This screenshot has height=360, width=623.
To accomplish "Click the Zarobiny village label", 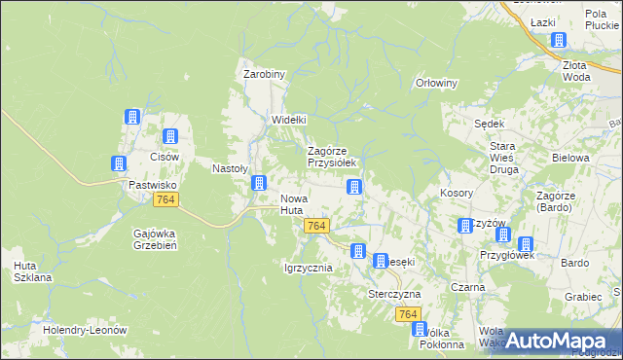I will coord(263,74).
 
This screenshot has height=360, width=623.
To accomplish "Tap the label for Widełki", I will coord(288,120).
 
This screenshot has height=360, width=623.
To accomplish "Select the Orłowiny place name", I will coord(436,83).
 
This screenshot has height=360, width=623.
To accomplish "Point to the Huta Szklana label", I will coord(32,271).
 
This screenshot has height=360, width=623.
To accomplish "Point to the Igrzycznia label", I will coord(308,268).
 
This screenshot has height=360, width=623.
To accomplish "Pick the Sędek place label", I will coord(488,124).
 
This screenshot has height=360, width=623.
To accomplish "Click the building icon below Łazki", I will coord(559,41).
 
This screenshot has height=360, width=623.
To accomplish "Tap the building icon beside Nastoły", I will coord(260,182).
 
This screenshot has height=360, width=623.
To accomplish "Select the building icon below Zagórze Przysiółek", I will coord(356,187).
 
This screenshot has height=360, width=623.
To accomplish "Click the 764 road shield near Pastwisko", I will coord(165,199).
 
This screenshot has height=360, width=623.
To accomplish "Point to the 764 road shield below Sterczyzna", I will coord(408,314).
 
